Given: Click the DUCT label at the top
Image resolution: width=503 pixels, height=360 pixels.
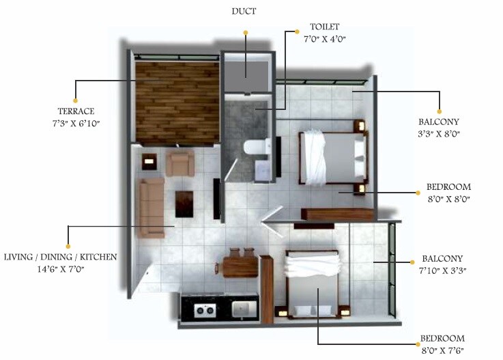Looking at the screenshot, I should [243, 12].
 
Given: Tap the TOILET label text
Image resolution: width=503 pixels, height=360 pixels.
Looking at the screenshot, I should [325, 27].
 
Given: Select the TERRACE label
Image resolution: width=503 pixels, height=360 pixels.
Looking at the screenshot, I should [76, 111].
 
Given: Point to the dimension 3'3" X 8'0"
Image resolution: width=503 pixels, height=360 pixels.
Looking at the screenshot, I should [439, 133].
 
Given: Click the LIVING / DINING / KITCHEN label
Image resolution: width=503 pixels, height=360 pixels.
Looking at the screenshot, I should [60, 258].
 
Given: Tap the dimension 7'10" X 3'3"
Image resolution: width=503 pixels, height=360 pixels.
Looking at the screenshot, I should [442, 271].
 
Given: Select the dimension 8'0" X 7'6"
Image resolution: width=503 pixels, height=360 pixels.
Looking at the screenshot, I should [442, 350].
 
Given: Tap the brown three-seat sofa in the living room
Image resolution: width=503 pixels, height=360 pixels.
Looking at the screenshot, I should [150, 207].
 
